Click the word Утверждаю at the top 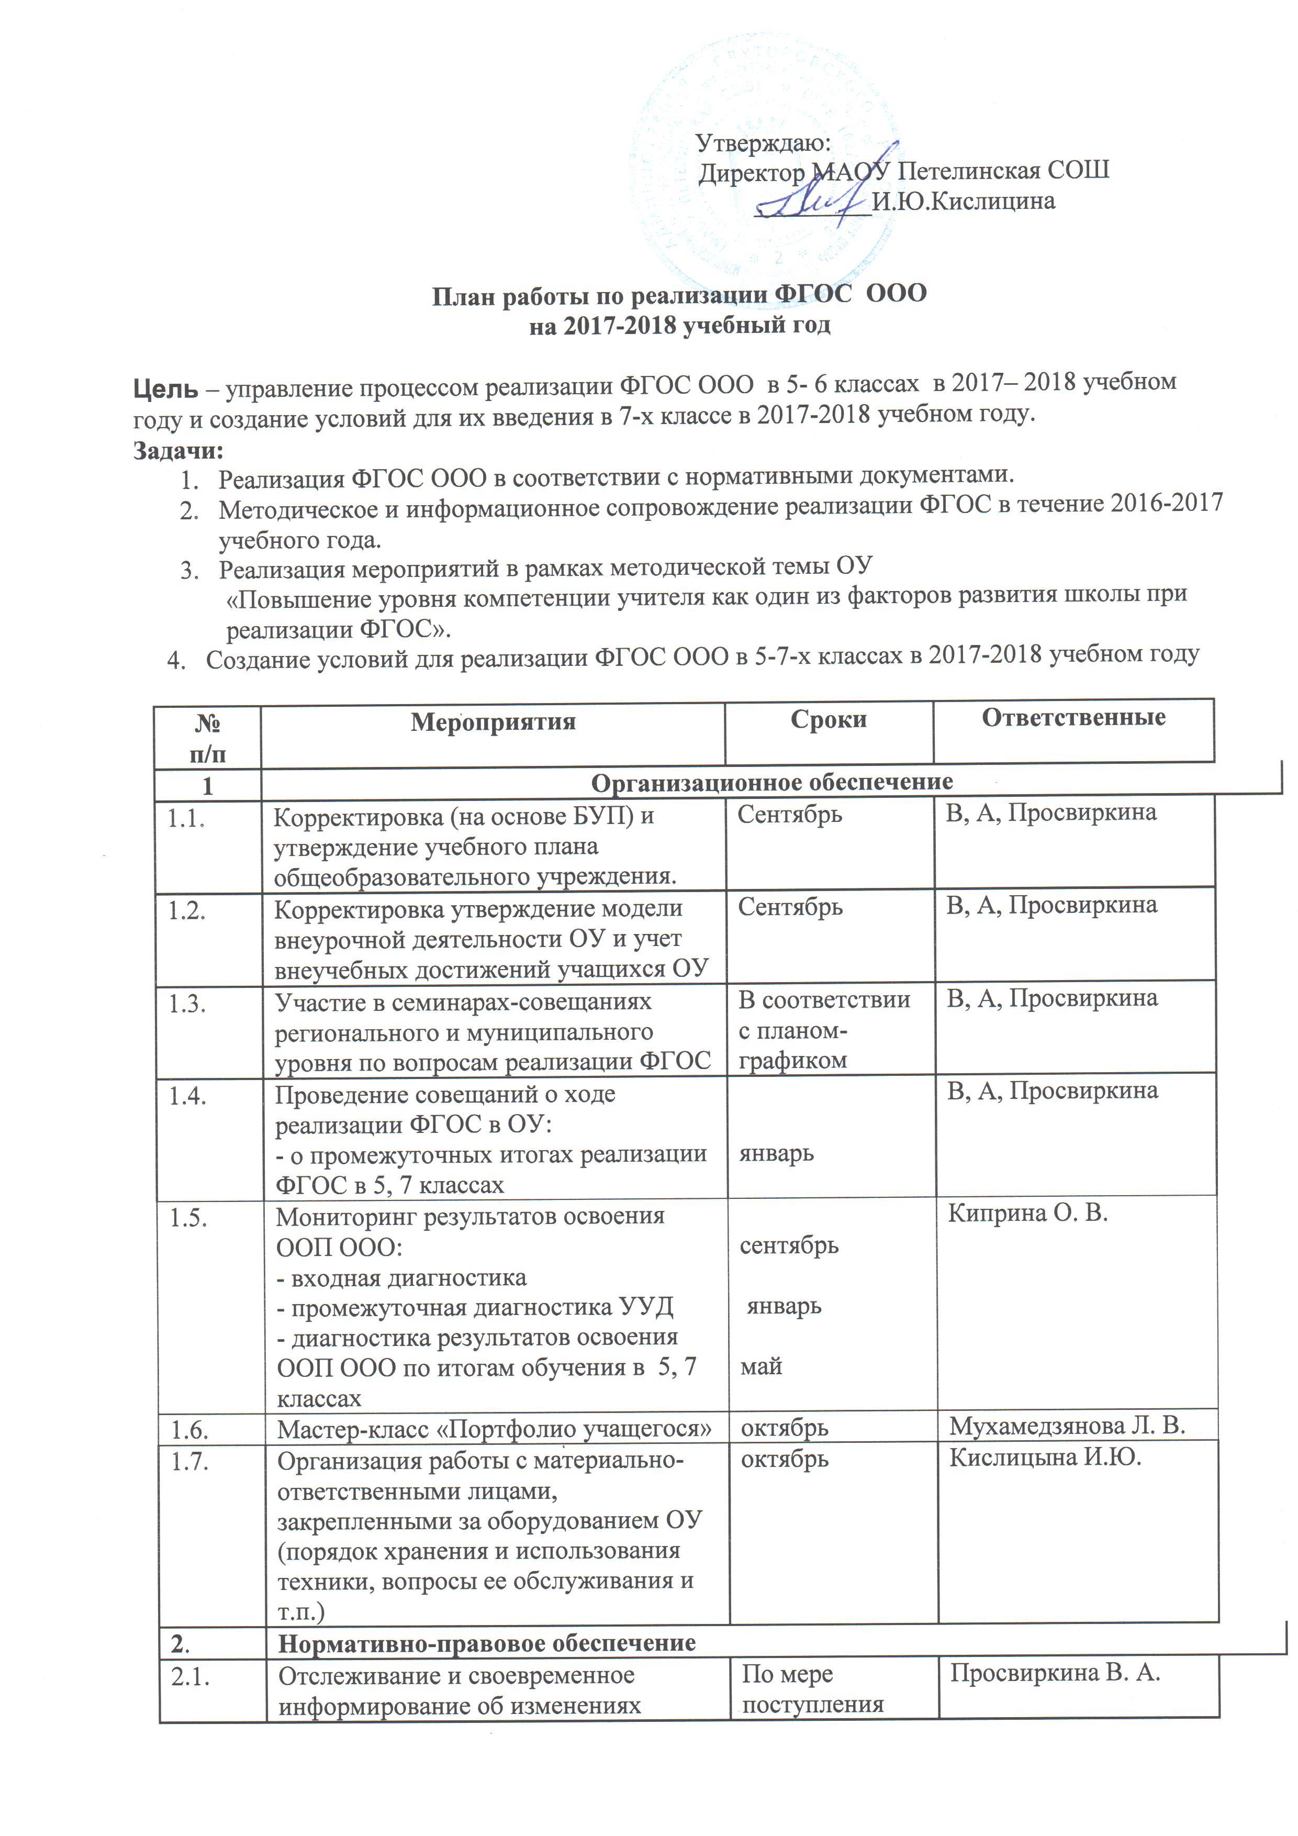[763, 142]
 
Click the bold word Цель [165, 388]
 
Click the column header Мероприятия [493, 722]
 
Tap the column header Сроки [829, 720]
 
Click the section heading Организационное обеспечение [771, 782]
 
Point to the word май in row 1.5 [761, 1366]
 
